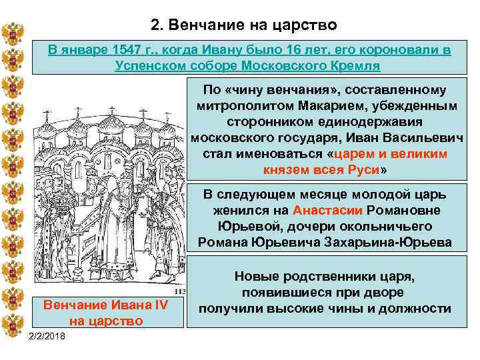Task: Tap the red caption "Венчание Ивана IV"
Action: [105, 305]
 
